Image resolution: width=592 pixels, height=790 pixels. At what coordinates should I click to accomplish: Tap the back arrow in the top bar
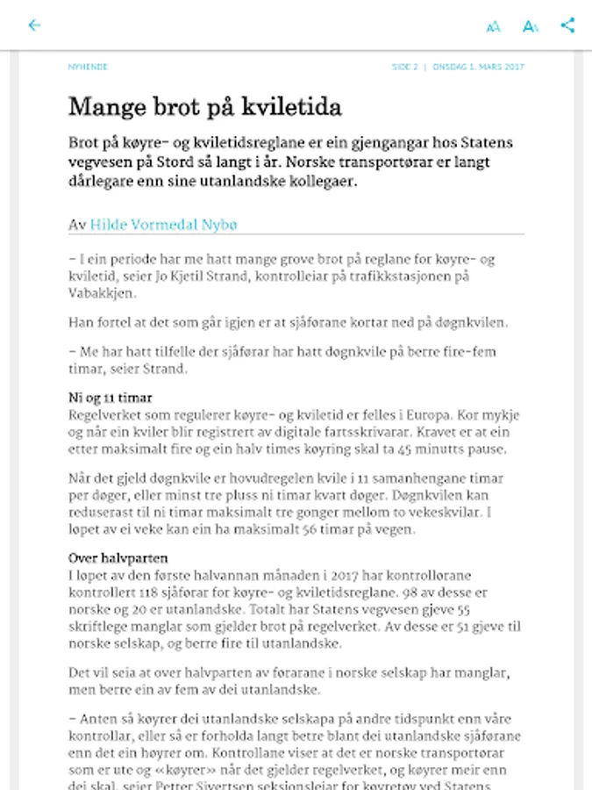click(34, 25)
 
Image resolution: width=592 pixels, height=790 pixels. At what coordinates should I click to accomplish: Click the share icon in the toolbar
click(567, 25)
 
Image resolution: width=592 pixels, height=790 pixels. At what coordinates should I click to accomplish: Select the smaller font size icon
click(493, 26)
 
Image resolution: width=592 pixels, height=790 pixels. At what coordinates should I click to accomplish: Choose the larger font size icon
click(530, 26)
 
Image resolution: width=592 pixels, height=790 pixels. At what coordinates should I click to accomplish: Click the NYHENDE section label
click(88, 67)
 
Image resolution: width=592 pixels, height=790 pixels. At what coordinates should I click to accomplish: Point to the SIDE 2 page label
click(405, 67)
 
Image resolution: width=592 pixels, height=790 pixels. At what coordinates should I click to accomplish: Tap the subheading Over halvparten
click(118, 558)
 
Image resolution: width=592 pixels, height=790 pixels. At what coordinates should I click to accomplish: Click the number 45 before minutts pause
click(406, 449)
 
